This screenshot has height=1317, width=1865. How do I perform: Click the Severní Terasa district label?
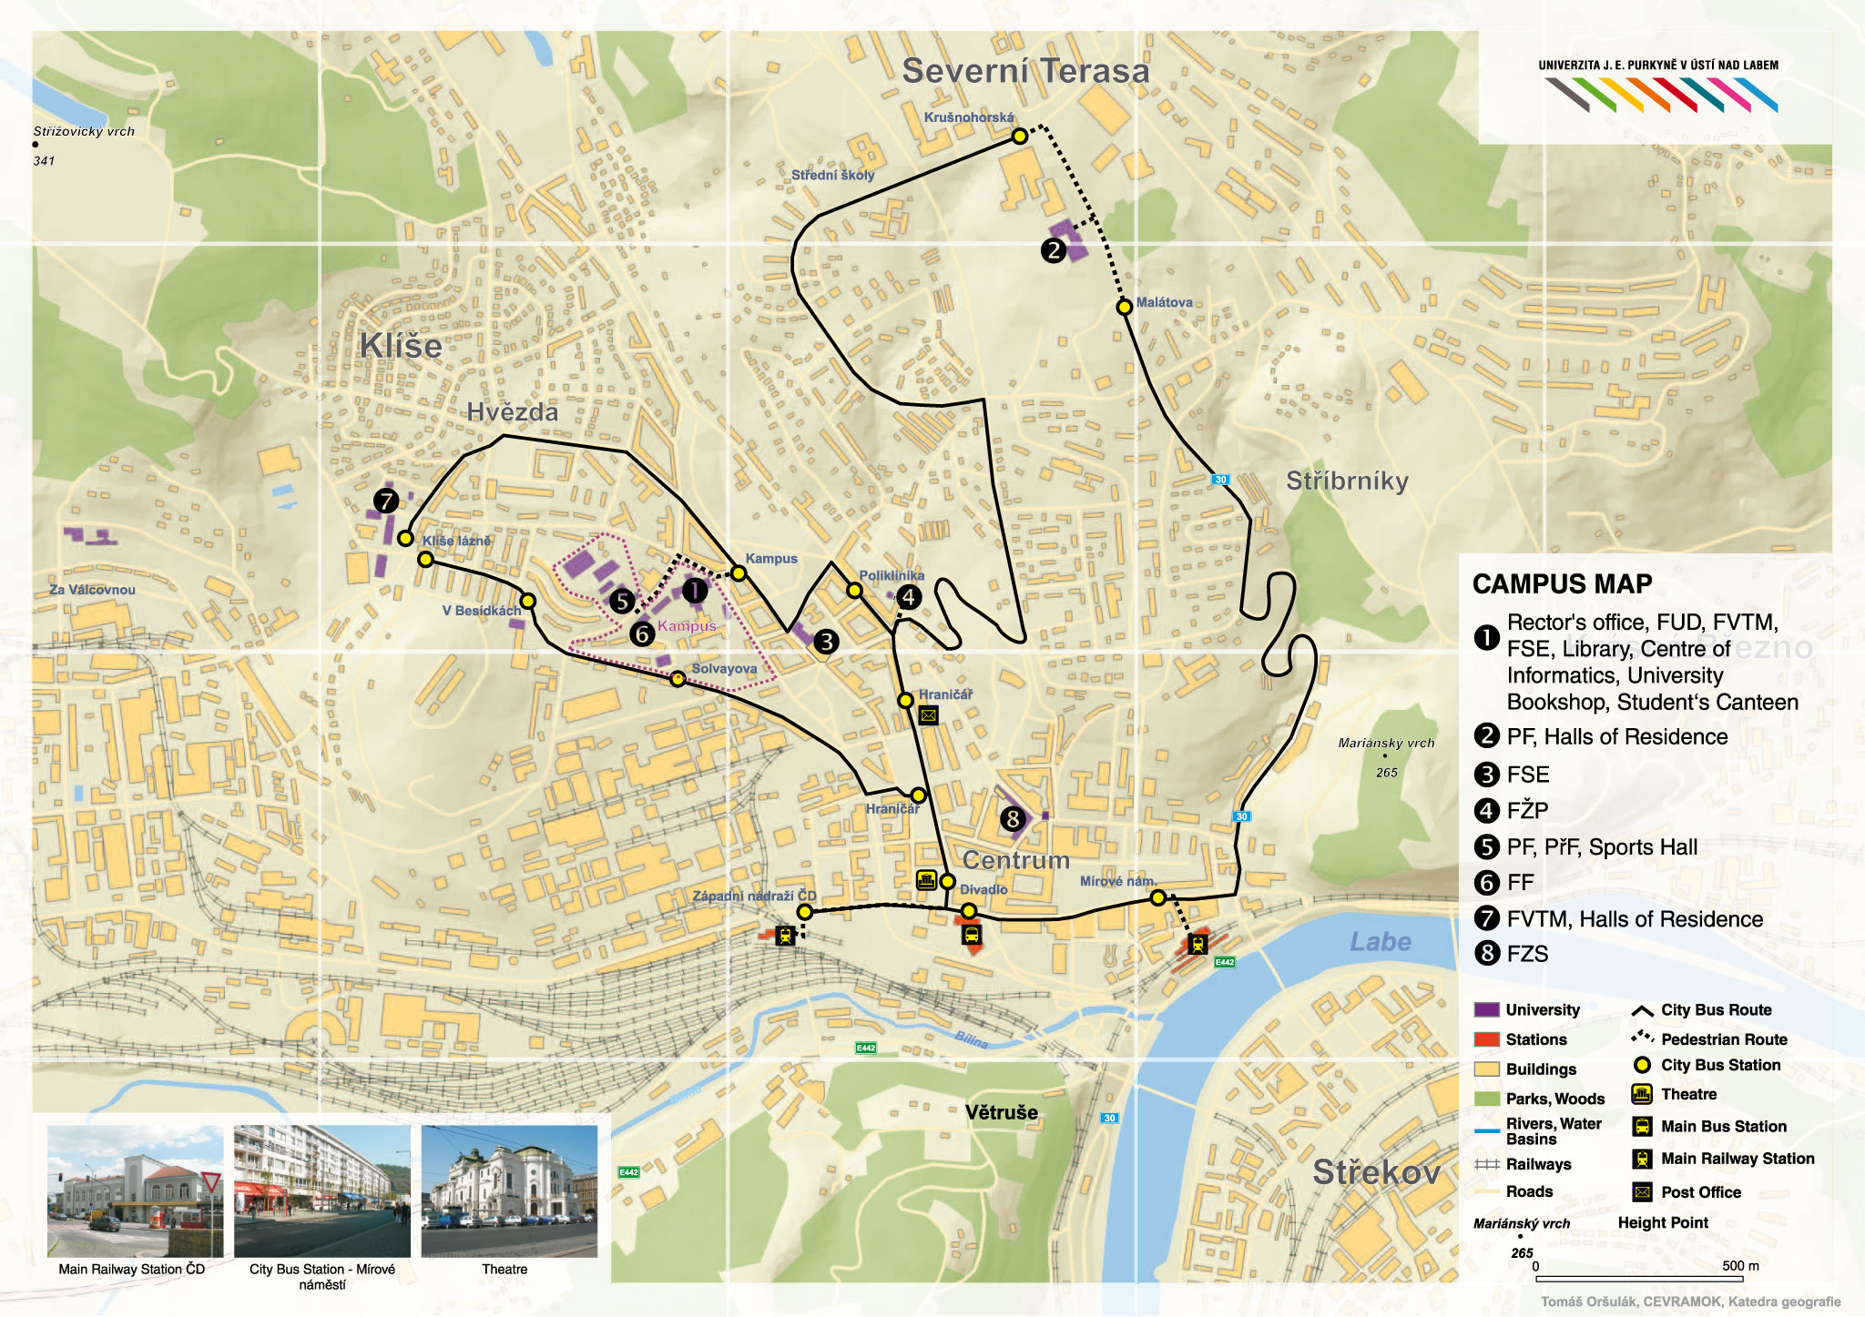pos(1025,71)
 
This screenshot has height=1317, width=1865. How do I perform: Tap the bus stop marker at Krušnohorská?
pos(1020,137)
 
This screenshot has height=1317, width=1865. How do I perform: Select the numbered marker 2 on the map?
pos(1054,250)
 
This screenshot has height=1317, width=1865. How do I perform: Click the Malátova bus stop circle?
pos(1125,308)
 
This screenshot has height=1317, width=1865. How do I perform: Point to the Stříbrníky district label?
pos(1347,481)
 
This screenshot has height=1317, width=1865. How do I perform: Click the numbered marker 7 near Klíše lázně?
pos(386,501)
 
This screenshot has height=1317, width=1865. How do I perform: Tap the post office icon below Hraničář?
pos(928,715)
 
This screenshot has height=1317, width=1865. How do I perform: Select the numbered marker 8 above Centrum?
pos(1013,819)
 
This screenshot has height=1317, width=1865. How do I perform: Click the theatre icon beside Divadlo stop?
pos(926,880)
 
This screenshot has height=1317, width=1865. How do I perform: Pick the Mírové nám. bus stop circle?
pos(1157,897)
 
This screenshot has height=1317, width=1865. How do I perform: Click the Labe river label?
pos(1381,942)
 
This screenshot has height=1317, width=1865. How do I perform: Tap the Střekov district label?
pos(1376,1172)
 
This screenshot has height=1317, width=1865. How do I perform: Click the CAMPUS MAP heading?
pos(1562,584)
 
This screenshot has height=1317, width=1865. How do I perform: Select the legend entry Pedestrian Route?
pos(1723,1039)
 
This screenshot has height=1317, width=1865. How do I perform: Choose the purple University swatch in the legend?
pos(1486,1009)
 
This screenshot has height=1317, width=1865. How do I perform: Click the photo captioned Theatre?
pos(509,1191)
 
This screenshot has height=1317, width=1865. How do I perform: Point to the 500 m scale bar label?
pos(1740,1266)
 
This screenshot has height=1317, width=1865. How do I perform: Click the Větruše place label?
pos(1002,1112)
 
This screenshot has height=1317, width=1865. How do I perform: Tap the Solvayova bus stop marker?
pos(678,679)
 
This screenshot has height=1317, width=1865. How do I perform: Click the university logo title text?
pos(1657,66)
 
